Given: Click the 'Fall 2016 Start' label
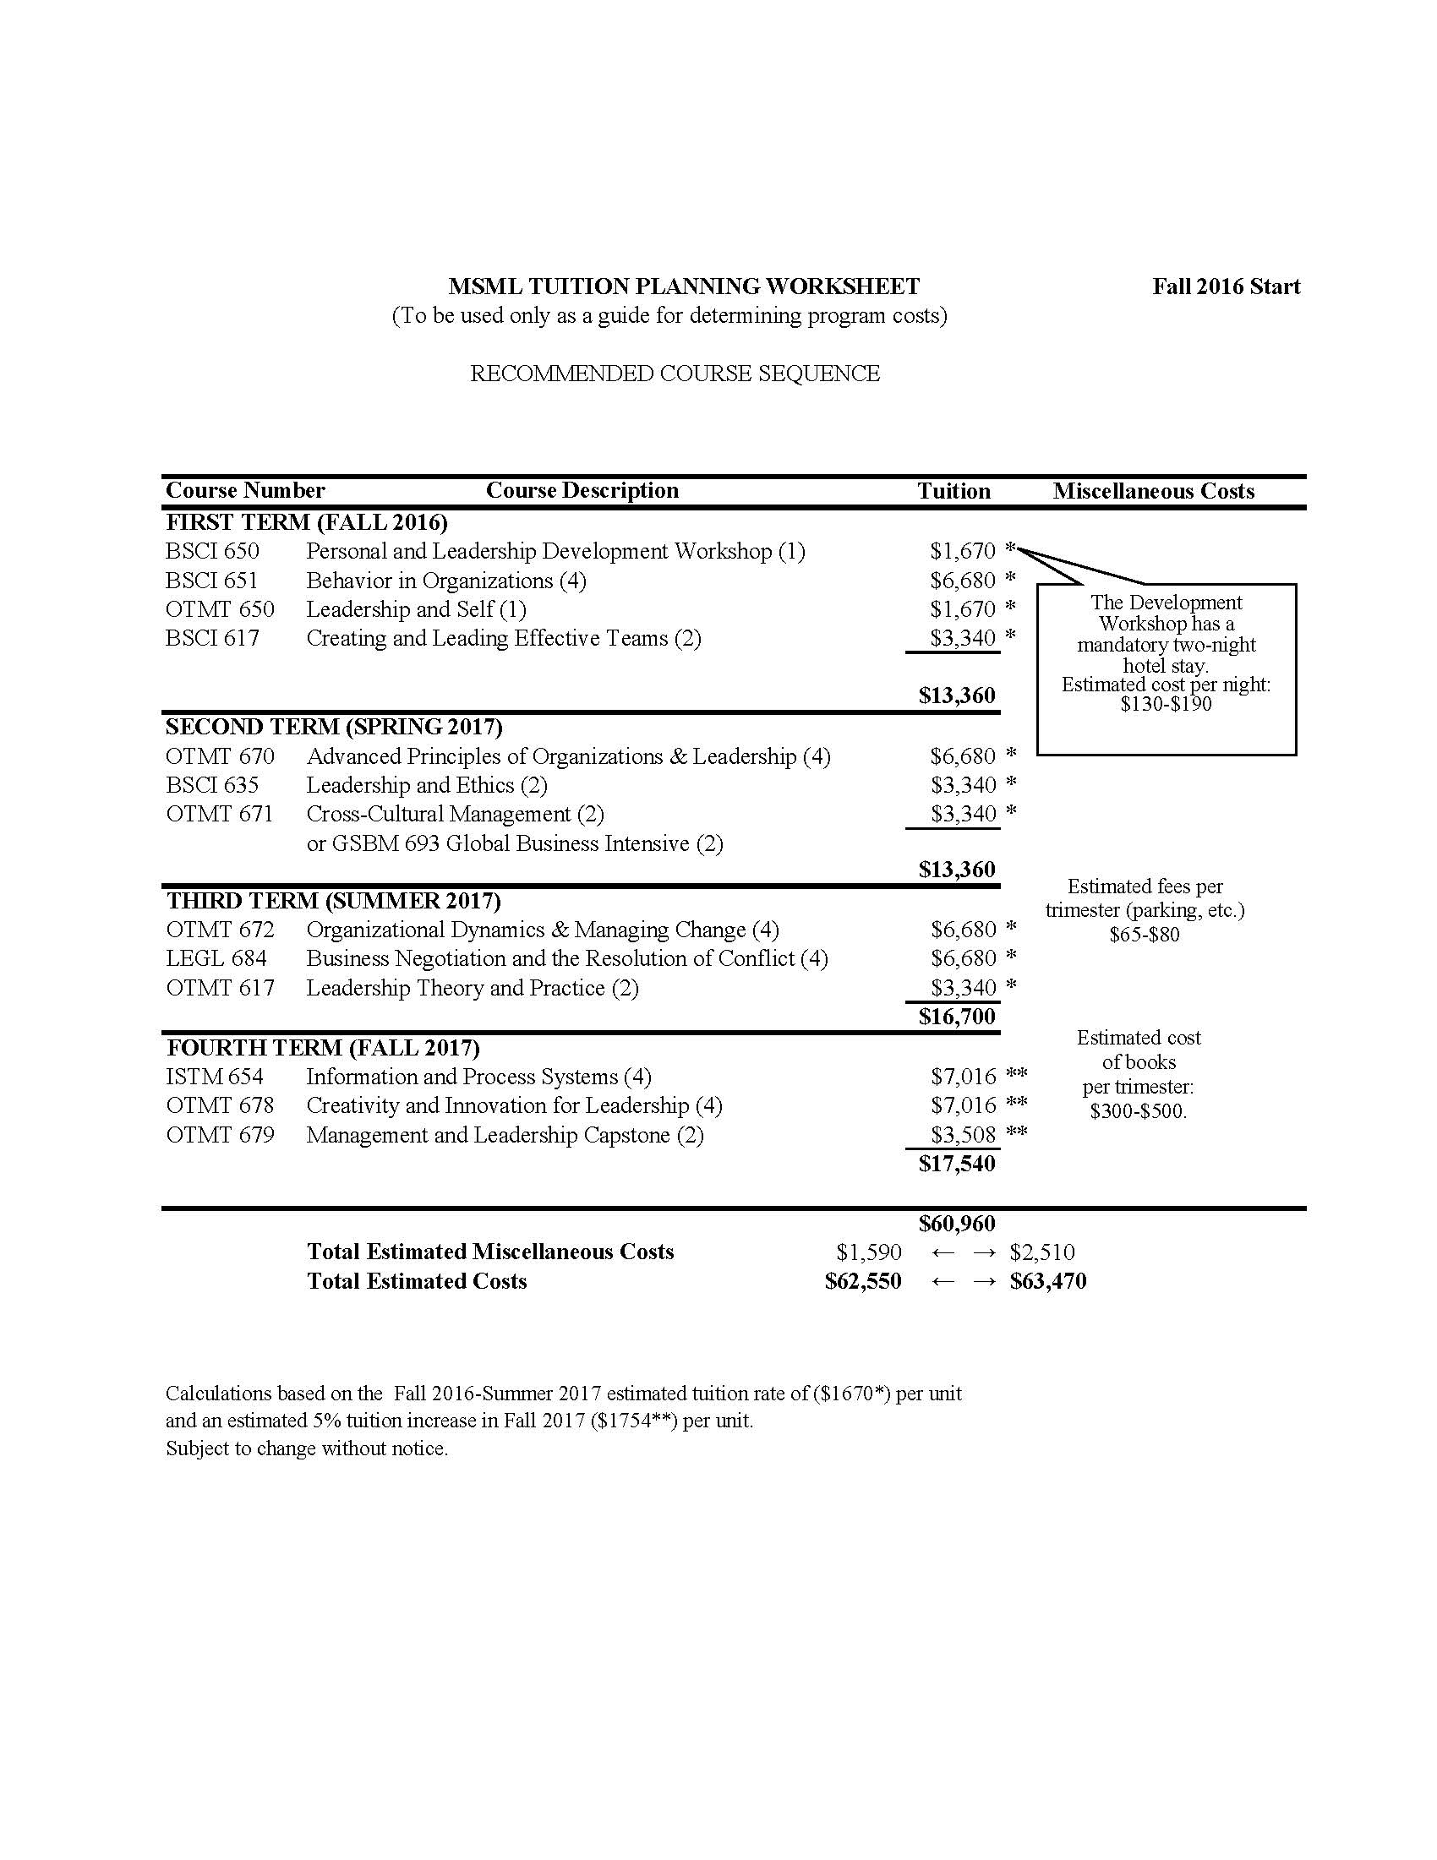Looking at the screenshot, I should [1226, 286].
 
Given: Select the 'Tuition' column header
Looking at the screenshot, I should [953, 490].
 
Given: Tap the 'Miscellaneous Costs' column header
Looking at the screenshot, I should [1153, 490].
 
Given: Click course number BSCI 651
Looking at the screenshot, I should [212, 581].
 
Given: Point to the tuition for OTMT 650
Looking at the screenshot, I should [963, 610].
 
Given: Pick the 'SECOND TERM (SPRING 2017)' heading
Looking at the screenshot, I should [334, 727].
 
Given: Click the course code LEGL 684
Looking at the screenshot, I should [216, 959].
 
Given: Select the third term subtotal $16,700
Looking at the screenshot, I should [957, 1016].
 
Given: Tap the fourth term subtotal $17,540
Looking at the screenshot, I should [957, 1164].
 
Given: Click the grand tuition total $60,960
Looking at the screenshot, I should [957, 1224].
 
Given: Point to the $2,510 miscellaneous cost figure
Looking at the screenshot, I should [1041, 1252].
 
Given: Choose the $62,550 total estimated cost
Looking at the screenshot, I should [863, 1281].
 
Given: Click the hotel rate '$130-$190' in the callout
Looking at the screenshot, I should [1166, 704].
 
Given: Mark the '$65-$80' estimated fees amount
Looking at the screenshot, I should [1144, 935].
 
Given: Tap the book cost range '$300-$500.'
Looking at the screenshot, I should [1138, 1111].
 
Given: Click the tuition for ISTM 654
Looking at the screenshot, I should [963, 1077].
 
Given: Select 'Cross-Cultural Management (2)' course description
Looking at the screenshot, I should [455, 814].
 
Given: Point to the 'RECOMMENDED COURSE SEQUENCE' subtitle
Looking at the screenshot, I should [675, 374].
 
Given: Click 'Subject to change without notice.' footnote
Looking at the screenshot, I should [307, 1448].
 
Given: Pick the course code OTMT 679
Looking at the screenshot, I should [220, 1135].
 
